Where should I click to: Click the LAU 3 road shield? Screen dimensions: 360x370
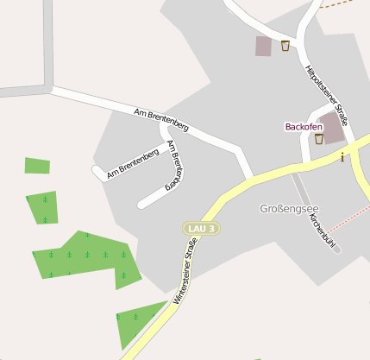tap(201, 228)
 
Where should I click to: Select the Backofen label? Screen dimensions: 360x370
tap(304, 126)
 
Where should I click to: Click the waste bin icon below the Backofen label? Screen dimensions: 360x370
tap(318, 138)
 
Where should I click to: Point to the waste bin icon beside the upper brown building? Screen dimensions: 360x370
tap(285, 46)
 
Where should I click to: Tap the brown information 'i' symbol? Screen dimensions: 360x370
tap(342, 156)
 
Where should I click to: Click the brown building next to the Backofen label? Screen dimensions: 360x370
tap(331, 128)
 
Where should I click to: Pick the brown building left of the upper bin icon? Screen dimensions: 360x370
tap(263, 46)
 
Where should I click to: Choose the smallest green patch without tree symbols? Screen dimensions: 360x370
tap(37, 166)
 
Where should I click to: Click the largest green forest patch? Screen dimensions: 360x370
tap(86, 256)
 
